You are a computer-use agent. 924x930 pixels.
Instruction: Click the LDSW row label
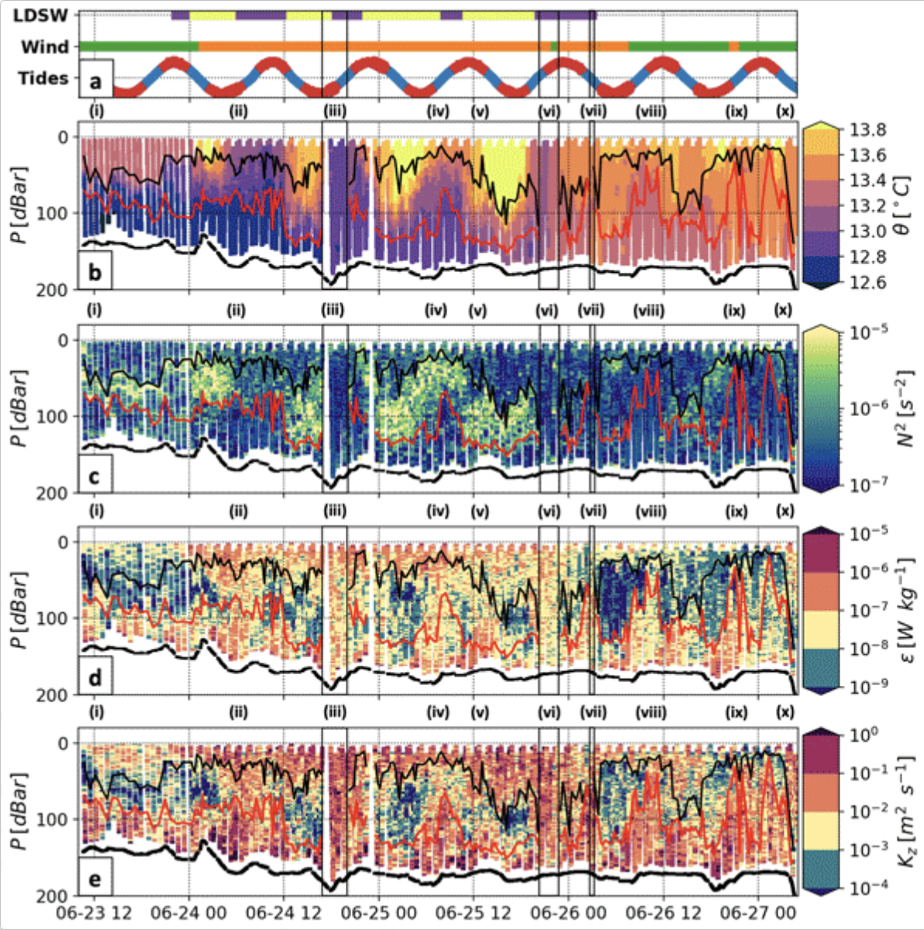click(44, 15)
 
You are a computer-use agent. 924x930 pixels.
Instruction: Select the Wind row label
click(44, 46)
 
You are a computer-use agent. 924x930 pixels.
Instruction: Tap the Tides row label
click(43, 77)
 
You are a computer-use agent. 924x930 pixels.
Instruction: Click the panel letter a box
click(96, 80)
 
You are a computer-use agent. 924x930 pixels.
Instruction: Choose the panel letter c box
click(95, 474)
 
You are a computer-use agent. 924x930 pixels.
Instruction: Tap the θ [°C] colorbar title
click(903, 205)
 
